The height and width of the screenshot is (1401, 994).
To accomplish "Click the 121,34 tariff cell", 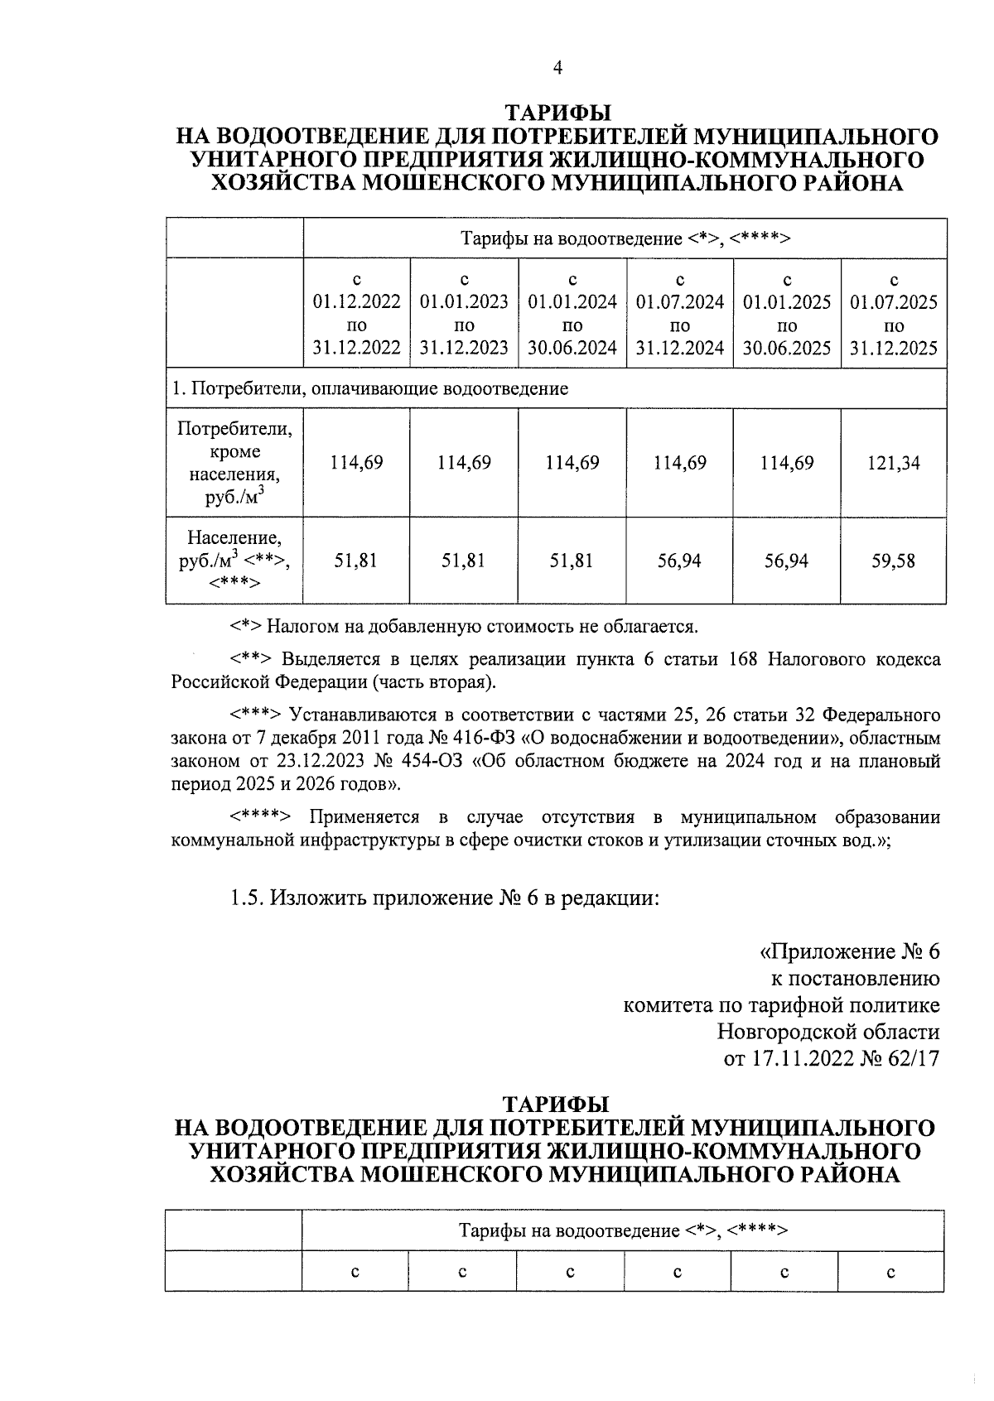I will [x=894, y=463].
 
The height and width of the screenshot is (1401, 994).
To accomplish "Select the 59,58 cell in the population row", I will [x=894, y=561].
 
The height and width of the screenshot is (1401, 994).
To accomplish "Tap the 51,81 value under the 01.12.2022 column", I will [x=356, y=561].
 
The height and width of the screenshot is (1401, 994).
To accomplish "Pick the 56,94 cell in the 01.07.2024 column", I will [x=679, y=561].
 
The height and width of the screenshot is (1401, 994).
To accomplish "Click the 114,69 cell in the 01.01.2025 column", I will [x=787, y=463].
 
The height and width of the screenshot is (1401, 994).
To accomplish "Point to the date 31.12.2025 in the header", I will [x=894, y=348].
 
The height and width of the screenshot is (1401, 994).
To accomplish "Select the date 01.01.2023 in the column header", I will [x=464, y=302].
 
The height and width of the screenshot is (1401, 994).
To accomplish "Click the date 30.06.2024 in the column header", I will [x=572, y=348].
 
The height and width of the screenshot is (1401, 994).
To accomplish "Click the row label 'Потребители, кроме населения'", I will [x=234, y=463].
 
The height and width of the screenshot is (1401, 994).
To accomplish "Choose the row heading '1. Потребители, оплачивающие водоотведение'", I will [x=370, y=388].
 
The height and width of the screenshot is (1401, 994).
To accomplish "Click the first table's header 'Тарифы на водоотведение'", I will [x=625, y=239].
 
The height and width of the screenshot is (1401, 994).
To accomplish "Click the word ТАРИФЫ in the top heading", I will [x=557, y=113].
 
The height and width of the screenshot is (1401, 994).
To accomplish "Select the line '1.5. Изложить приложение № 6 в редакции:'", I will [x=445, y=898].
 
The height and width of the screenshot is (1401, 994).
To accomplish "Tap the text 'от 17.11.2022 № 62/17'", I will [x=832, y=1059].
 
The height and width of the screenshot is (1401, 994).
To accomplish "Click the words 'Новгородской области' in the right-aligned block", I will [x=828, y=1033].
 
